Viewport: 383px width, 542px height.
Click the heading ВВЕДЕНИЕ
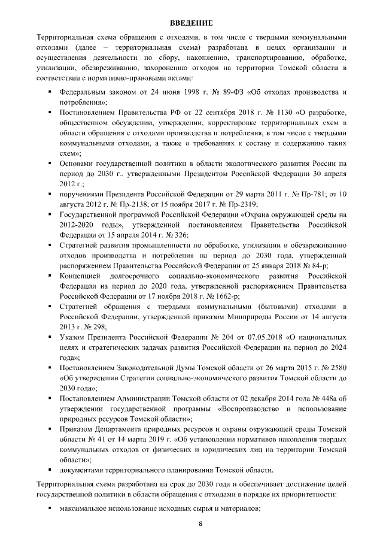[x=191, y=22]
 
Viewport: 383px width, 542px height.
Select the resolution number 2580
[x=336, y=368]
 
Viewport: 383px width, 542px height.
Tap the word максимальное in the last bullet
[x=86, y=508]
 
